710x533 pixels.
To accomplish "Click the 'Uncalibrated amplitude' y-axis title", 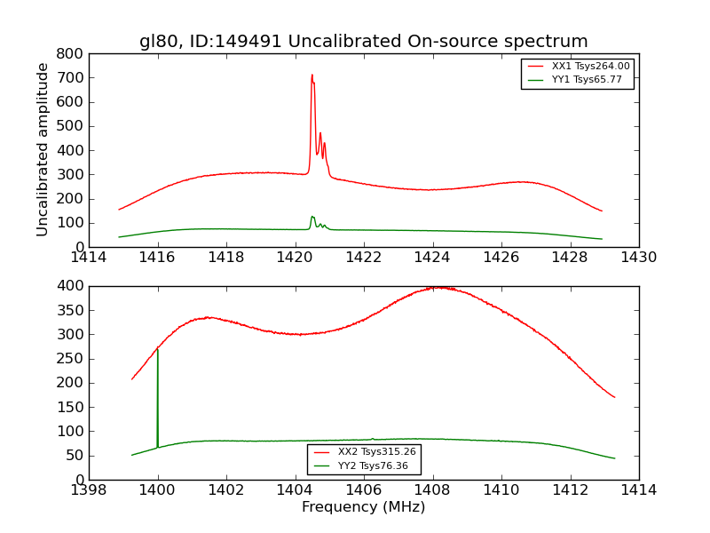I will pyautogui.click(x=43, y=149).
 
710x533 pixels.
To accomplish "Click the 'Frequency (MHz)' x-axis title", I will pyautogui.click(x=363, y=507).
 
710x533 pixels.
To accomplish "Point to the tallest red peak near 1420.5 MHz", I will pyautogui.click(x=312, y=75).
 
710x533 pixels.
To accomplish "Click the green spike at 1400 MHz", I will pyautogui.click(x=157, y=355).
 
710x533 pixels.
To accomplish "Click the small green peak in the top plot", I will pyautogui.click(x=312, y=217).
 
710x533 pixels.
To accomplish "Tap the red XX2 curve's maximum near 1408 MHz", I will pyautogui.click(x=436, y=287).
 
